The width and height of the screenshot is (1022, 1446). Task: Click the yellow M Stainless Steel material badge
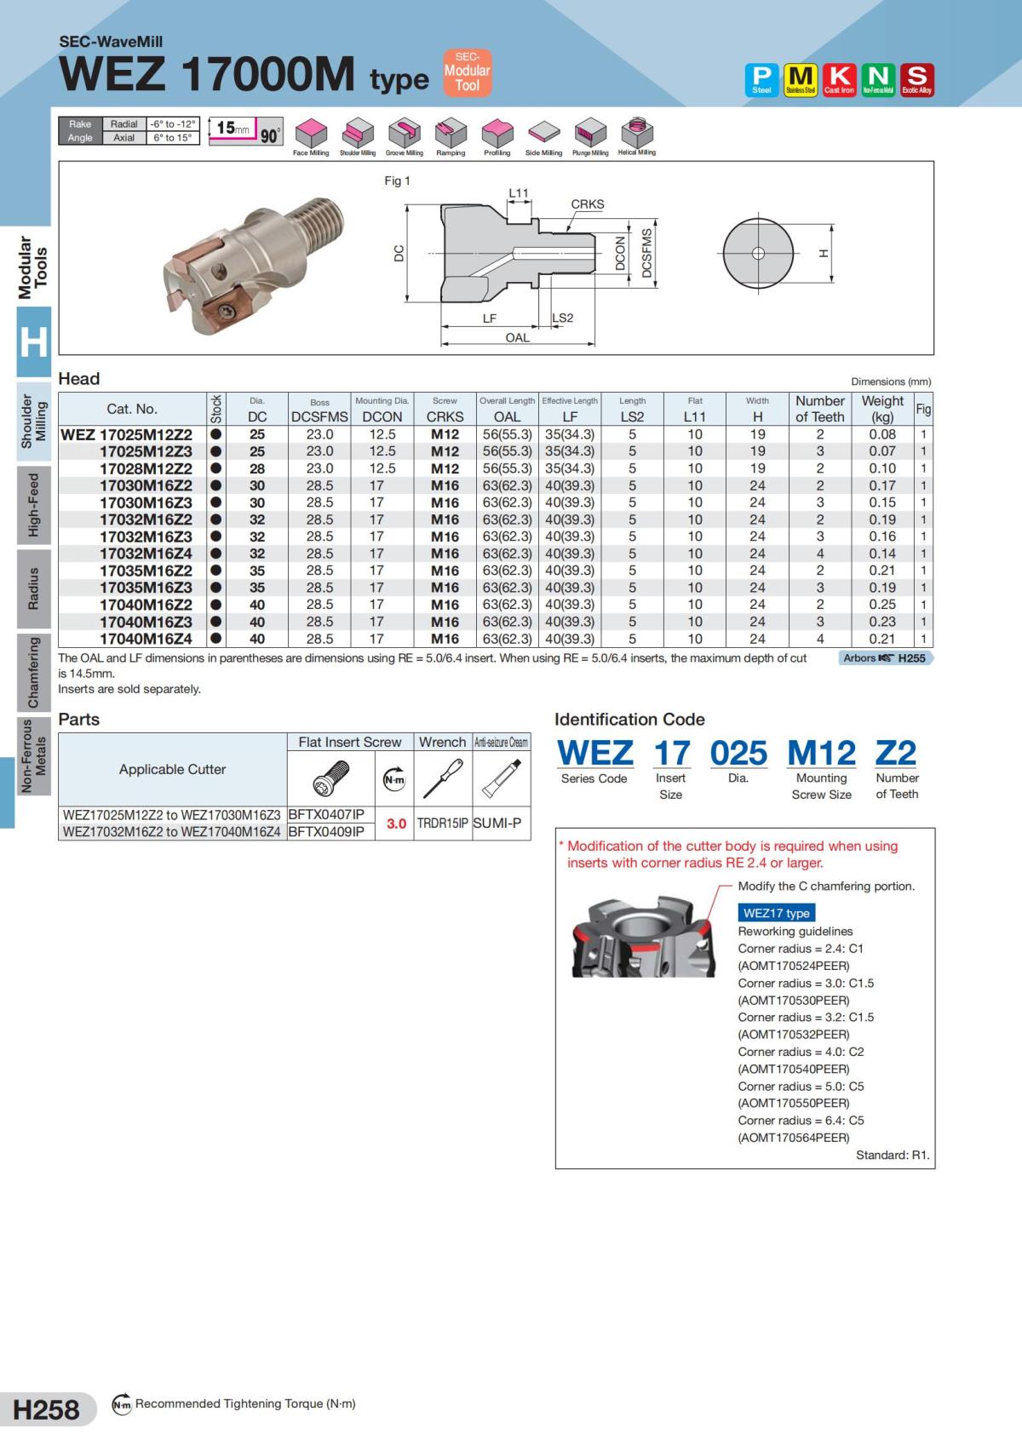coord(800,79)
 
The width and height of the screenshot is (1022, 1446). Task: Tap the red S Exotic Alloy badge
coord(916,79)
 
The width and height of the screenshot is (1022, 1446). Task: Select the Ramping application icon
coord(451,134)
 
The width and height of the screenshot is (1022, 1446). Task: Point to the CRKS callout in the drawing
coord(587,204)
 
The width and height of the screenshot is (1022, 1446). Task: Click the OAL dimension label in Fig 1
coord(517,338)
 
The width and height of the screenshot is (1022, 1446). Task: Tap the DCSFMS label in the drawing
coord(646,253)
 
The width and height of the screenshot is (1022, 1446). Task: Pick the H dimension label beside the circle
coord(823,253)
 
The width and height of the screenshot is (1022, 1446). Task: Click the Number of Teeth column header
coord(819,409)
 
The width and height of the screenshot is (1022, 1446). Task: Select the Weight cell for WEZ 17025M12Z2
coord(882,434)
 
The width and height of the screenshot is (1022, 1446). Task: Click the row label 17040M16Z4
coord(146,639)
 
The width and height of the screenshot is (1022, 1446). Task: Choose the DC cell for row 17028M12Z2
coord(257,468)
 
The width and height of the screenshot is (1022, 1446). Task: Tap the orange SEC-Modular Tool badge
coord(467,72)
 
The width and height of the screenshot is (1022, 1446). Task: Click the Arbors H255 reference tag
coord(885,658)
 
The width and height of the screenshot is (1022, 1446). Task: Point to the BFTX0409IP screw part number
coord(326,831)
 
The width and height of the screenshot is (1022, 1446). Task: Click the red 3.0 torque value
coord(396,823)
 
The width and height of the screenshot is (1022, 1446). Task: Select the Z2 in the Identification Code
coord(895,753)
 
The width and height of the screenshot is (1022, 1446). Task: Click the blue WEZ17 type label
coord(776,913)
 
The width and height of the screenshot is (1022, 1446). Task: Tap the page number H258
coord(47,1409)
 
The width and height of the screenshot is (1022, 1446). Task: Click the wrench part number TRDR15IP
coord(443,823)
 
